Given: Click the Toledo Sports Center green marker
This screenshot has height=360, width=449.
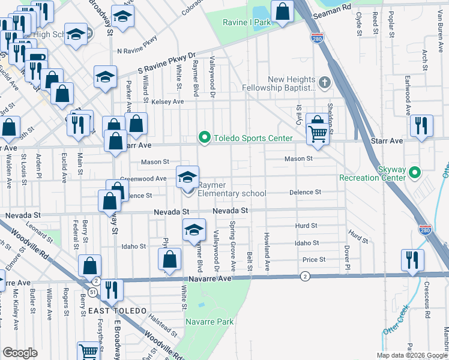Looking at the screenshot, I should coord(205,138).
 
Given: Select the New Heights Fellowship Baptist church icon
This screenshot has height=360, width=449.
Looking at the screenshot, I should coord(325,83).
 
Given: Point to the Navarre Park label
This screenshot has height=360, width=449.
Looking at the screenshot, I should coord(209,322).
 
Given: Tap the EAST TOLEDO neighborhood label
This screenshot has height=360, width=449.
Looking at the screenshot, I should coord(117,310).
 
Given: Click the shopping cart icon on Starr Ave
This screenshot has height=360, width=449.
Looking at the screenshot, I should coord(318,134).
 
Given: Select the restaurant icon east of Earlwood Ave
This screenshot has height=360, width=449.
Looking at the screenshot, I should coord(421,126).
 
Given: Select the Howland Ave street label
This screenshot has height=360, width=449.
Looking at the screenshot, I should coord(267,251).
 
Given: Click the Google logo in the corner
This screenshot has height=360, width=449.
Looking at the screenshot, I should coord(20,353).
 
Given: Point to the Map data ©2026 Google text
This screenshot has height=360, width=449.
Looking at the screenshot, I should coord(412,355).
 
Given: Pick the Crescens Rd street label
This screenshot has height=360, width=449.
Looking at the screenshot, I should coord(427,300).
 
